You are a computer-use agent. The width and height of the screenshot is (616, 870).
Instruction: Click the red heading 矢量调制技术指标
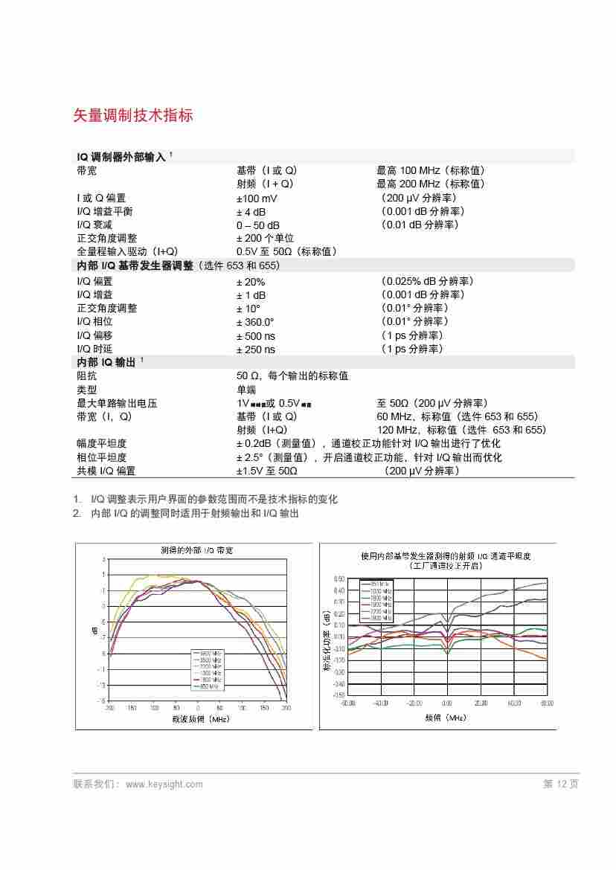point(133,115)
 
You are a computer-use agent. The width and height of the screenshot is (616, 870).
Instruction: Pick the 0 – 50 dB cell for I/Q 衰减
point(258,225)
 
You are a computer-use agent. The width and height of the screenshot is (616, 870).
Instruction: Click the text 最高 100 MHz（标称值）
point(431,170)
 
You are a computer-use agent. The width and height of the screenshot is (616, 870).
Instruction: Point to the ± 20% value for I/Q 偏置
point(251,282)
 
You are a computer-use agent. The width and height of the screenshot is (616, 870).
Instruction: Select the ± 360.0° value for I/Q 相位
point(255,322)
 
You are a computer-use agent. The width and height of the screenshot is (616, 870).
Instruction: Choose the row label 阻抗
point(87,376)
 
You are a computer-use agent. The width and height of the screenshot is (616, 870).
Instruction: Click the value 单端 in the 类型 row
point(246,390)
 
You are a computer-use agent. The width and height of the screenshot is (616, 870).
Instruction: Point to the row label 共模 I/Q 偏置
point(106,471)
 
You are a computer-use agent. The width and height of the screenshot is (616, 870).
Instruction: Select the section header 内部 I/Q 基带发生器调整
point(135,265)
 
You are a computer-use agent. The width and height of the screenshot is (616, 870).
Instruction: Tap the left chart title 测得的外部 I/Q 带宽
point(197,551)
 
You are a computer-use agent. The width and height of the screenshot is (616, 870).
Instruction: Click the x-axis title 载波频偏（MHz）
point(200,719)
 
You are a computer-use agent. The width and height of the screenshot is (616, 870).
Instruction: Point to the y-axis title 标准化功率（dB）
point(327,640)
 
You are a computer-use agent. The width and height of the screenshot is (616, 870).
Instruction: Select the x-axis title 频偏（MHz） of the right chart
point(446,718)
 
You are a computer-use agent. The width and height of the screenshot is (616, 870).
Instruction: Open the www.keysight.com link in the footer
point(164,784)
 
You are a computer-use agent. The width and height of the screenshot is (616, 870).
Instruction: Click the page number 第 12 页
point(560,784)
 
